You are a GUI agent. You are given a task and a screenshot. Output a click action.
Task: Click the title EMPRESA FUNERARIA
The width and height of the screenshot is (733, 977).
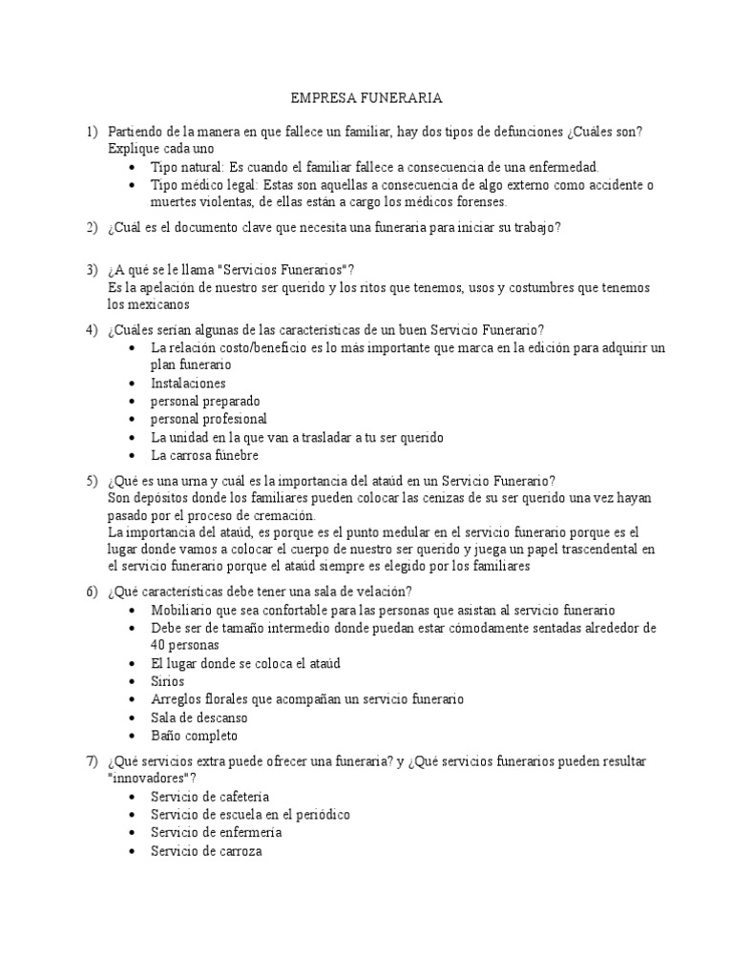point(366,98)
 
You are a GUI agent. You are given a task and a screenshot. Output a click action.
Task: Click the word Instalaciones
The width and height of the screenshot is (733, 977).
point(188,383)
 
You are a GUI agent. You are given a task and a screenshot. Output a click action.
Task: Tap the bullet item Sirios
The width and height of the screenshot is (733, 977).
point(167,681)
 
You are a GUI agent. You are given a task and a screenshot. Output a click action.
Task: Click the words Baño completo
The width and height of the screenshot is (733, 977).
point(194,736)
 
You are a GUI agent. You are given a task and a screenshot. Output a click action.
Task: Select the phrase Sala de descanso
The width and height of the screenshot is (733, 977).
point(199,717)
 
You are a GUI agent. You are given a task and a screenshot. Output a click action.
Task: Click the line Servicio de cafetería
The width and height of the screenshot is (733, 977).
point(210,796)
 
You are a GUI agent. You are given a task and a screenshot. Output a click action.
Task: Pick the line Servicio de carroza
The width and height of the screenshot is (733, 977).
point(206,850)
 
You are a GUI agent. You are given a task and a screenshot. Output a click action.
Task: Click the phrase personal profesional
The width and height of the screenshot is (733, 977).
point(209,419)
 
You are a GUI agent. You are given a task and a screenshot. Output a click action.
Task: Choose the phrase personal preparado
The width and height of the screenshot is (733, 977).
point(205,401)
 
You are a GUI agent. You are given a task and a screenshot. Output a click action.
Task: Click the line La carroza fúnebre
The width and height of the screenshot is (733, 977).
point(204,455)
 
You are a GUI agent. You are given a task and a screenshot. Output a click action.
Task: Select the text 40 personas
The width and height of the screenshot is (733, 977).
point(186,645)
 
